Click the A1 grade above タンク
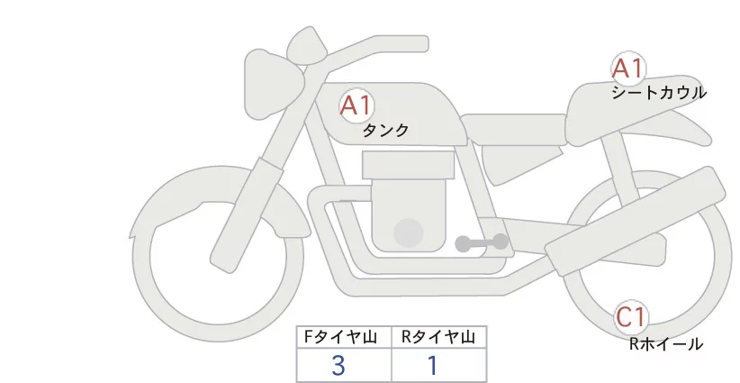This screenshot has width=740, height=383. point(356,105)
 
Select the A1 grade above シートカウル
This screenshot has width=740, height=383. point(627,68)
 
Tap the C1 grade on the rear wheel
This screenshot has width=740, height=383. point(631,317)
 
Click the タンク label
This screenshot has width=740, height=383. point(385,131)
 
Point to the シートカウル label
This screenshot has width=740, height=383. point(658,92)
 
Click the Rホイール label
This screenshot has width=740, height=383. point(665,343)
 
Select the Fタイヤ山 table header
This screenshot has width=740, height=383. point(338,337)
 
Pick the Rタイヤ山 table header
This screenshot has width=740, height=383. point(438,337)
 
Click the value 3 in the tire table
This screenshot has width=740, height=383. point(338,366)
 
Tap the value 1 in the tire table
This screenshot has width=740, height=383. point(433,366)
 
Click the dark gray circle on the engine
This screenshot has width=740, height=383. point(410,233)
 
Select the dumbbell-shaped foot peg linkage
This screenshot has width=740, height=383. point(482,242)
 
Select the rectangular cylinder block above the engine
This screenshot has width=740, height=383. point(407,164)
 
